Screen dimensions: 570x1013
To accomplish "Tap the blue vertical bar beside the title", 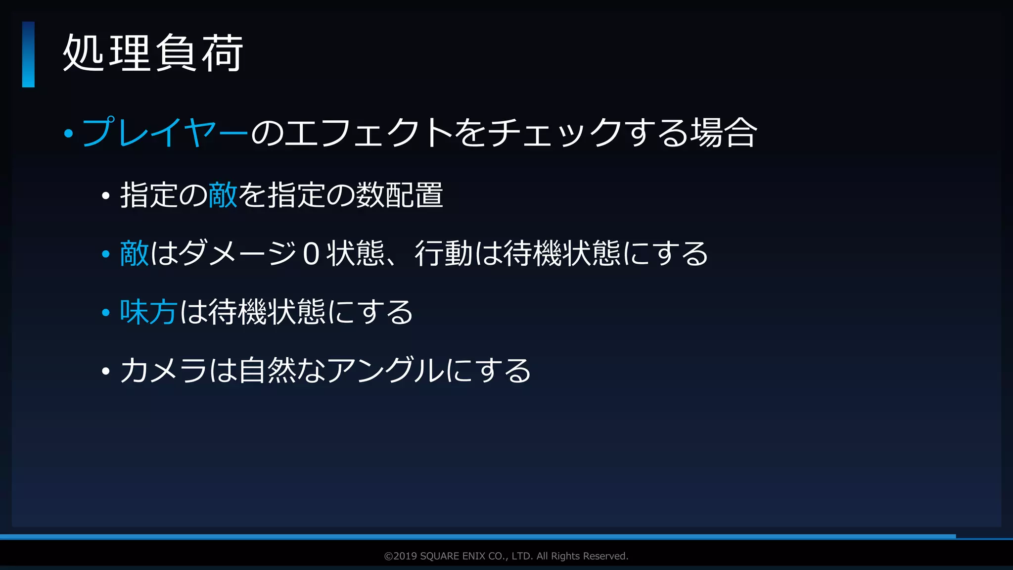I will pyautogui.click(x=28, y=54).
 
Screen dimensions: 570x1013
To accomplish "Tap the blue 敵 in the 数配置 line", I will pyautogui.click(x=223, y=195).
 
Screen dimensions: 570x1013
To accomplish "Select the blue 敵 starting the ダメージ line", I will pyautogui.click(x=134, y=253).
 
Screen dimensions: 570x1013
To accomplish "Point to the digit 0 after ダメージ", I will pyautogui.click(x=311, y=254).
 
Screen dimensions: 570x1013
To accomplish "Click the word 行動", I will pyautogui.click(x=444, y=253).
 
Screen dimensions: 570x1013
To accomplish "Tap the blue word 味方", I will pyautogui.click(x=148, y=312).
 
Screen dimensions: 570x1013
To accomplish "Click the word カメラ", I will pyautogui.click(x=163, y=370).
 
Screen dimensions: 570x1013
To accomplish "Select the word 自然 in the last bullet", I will pyautogui.click(x=267, y=370).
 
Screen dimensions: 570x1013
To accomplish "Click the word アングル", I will pyautogui.click(x=385, y=370).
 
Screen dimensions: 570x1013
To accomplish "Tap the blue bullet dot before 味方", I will pyautogui.click(x=105, y=313).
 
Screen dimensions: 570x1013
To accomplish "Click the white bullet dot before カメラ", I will pyautogui.click(x=105, y=371).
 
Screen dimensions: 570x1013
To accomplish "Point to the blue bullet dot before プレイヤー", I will pyautogui.click(x=69, y=133).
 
